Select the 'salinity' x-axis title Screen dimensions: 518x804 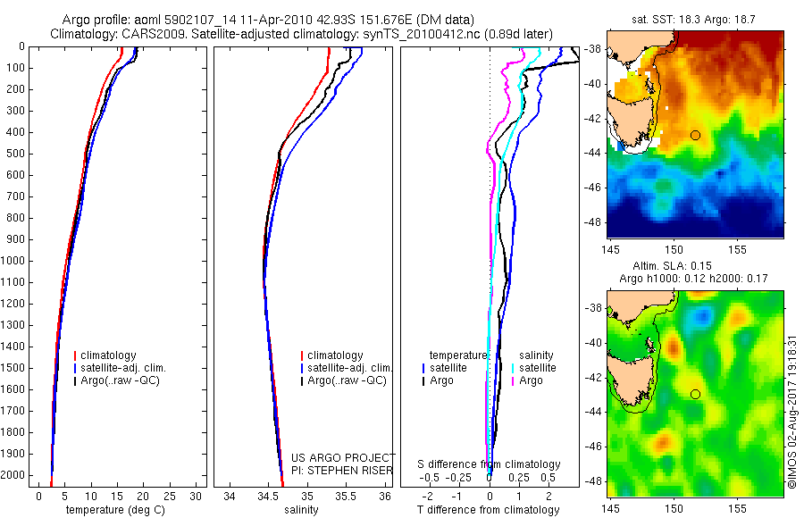click(300, 510)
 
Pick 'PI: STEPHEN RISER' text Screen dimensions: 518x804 click(343, 469)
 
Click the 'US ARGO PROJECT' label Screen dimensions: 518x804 click(343, 457)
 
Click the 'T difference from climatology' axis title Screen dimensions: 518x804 click(489, 510)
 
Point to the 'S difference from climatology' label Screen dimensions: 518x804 click(490, 464)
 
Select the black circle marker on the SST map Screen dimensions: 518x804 click(695, 135)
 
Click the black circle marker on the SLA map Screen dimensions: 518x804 click(695, 394)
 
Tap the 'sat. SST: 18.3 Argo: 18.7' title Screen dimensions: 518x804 click(695, 18)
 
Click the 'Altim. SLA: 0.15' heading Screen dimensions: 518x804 click(695, 265)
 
